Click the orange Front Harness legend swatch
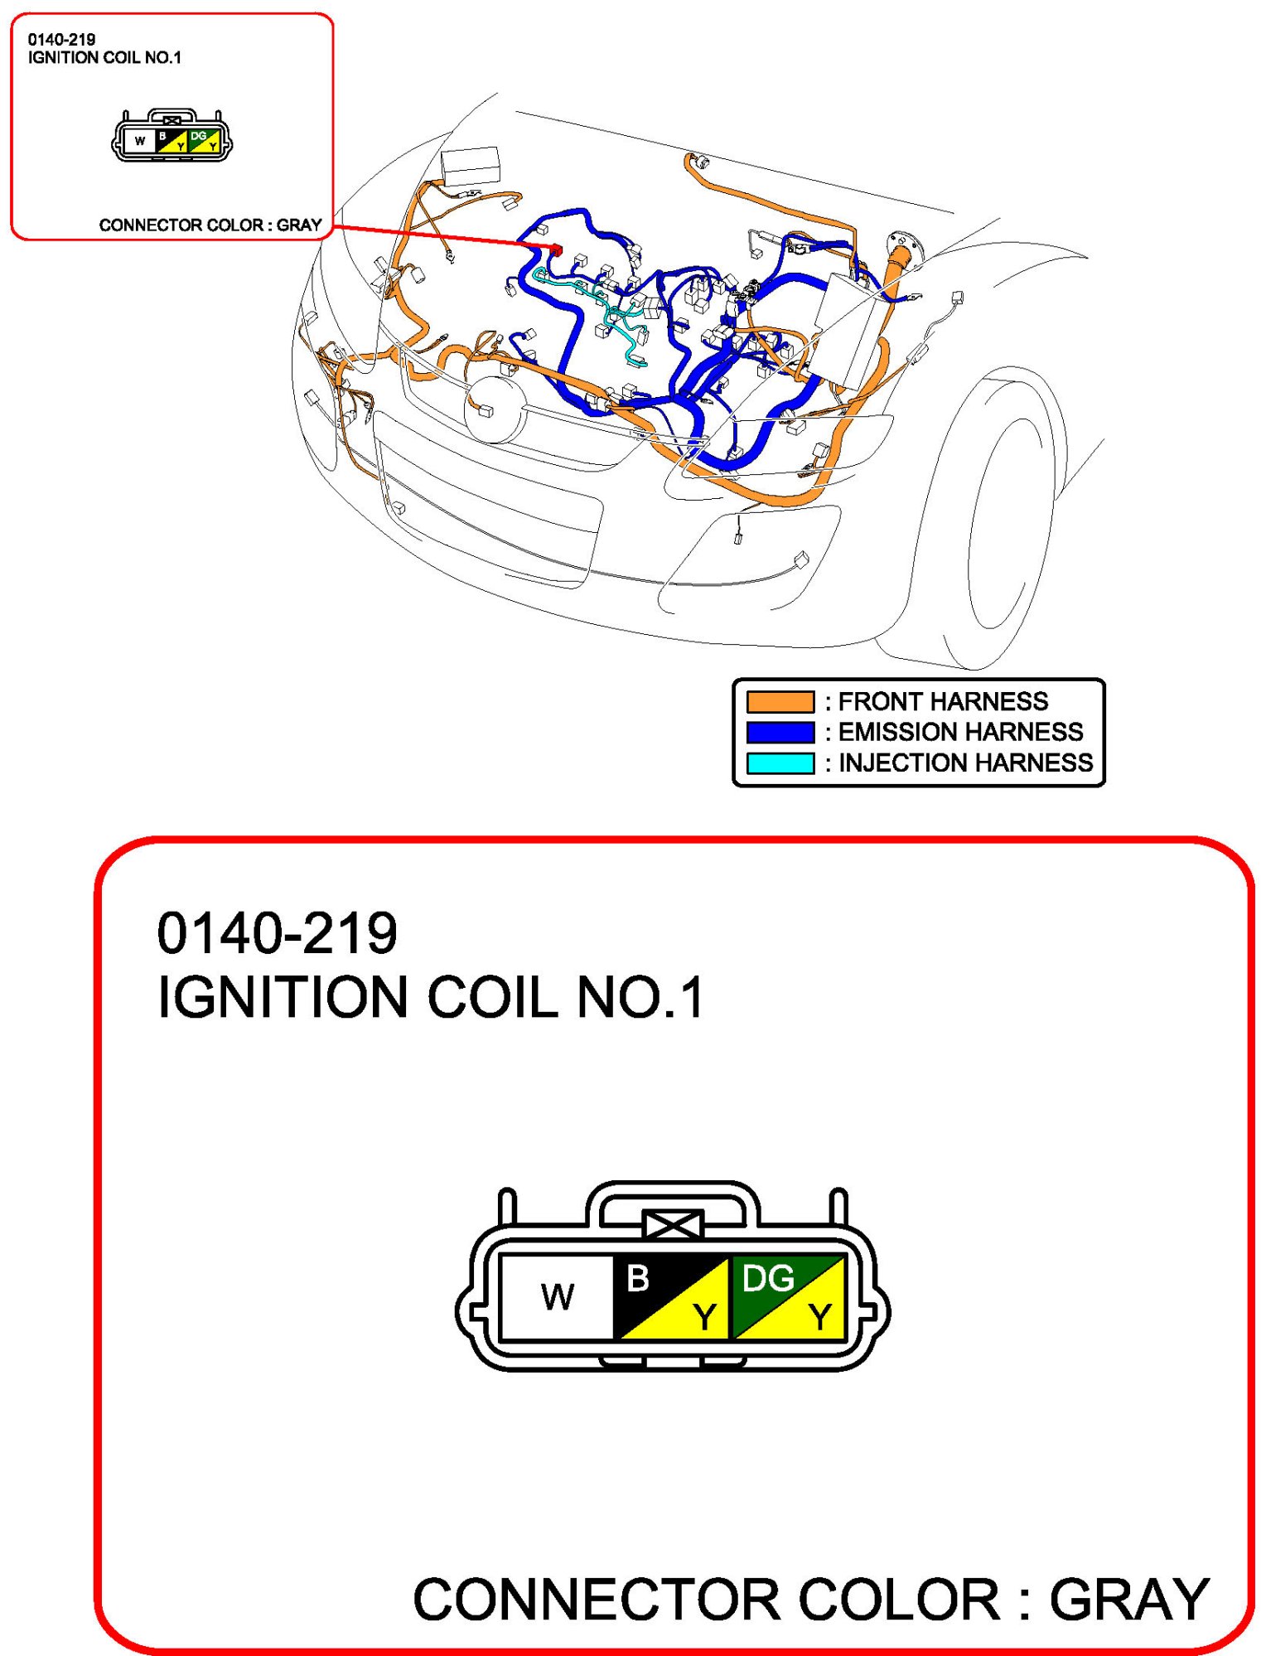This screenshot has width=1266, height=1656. [780, 701]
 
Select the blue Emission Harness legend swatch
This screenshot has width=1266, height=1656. [780, 732]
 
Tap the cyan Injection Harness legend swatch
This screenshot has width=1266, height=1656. [780, 763]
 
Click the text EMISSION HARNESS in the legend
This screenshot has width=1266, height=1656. [960, 732]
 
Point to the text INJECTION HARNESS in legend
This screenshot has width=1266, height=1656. [965, 763]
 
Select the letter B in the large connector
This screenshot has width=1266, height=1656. [637, 1278]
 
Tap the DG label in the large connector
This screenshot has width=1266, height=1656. [767, 1279]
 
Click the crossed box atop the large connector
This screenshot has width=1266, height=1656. [673, 1225]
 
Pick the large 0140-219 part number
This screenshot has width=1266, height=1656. [278, 933]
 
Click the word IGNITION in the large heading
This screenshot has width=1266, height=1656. [283, 996]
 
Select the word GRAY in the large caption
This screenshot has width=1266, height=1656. [1129, 1599]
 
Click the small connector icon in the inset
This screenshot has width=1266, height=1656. [172, 135]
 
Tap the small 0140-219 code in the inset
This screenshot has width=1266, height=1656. [61, 39]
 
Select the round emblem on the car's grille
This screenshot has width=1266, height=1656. [495, 409]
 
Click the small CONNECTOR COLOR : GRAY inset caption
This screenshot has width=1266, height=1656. [210, 225]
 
